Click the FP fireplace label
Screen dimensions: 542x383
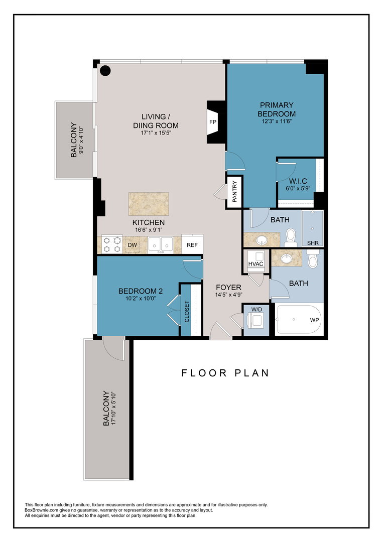(x=212, y=122)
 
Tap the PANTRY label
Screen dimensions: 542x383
(x=234, y=191)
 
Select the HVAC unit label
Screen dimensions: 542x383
(x=256, y=263)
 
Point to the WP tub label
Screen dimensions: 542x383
(x=314, y=320)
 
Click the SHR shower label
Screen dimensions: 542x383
(x=313, y=243)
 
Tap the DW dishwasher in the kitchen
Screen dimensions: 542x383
(x=132, y=245)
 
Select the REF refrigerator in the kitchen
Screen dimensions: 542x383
(x=192, y=245)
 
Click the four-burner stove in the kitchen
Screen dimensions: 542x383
(x=111, y=244)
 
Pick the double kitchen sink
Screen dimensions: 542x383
(x=161, y=244)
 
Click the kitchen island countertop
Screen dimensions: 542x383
(x=148, y=204)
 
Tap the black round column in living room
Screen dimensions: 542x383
(x=105, y=71)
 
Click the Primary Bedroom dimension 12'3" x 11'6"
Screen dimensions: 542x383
(x=277, y=121)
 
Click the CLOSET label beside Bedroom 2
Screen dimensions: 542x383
(x=187, y=311)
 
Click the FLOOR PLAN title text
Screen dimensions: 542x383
(x=225, y=373)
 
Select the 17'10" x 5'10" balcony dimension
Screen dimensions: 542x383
(x=114, y=409)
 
